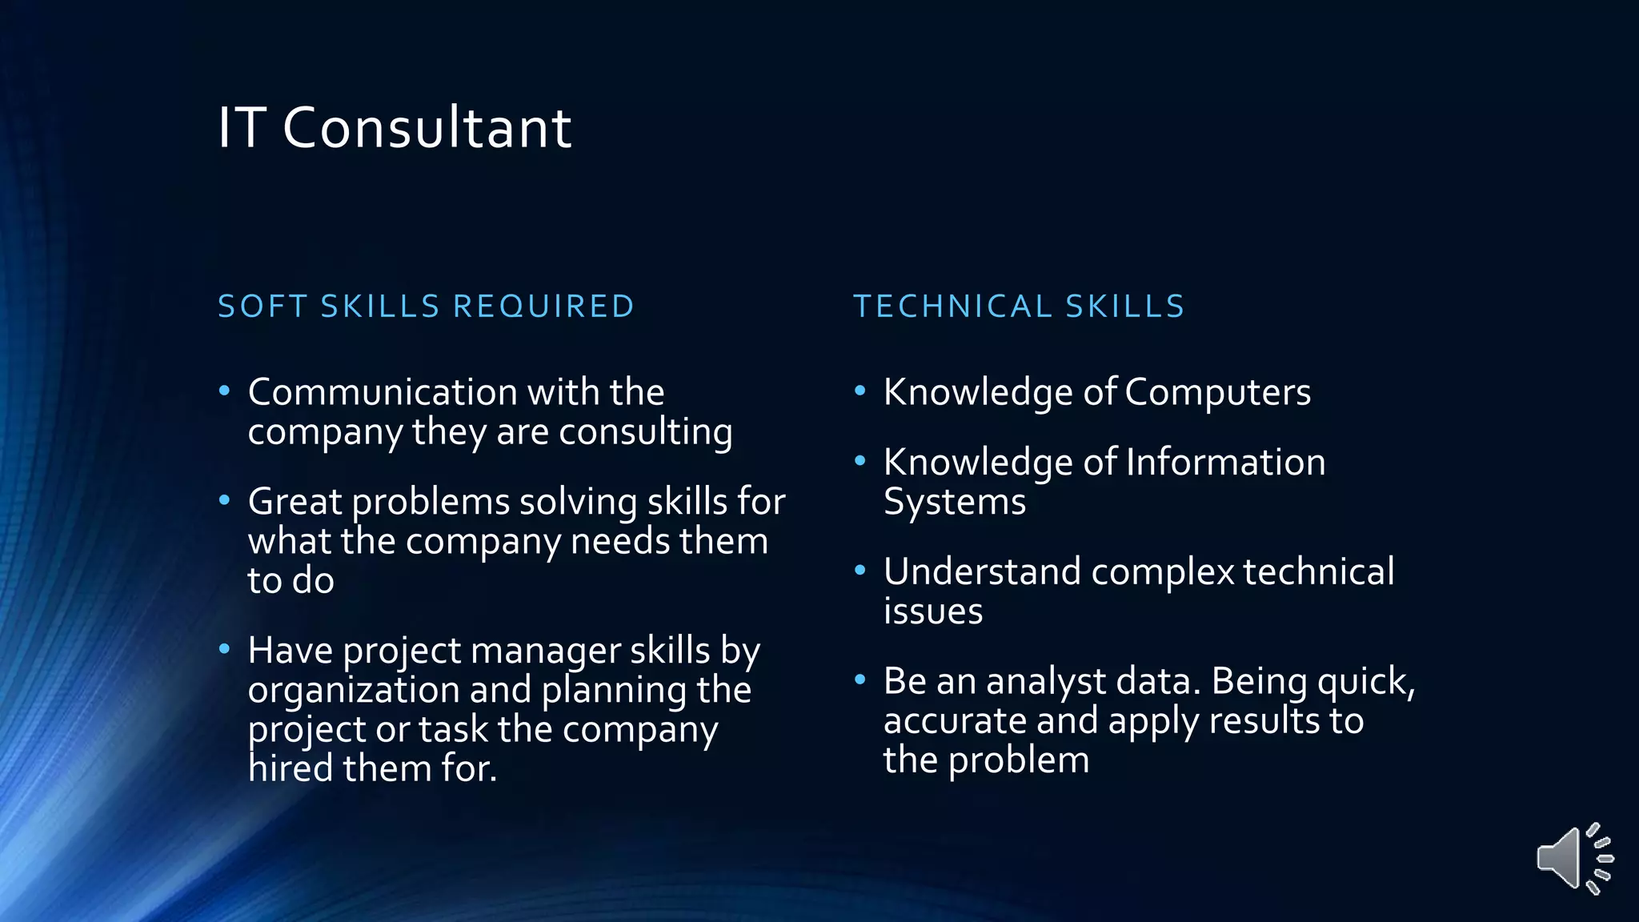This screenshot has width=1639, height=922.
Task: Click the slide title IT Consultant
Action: (395, 128)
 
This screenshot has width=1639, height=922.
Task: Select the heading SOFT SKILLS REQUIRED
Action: (426, 307)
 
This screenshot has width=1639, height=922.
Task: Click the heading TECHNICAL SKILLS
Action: (1019, 307)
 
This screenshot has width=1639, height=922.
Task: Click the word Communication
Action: (383, 392)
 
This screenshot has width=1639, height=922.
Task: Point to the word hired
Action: (290, 769)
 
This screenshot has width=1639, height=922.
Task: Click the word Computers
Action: (1216, 393)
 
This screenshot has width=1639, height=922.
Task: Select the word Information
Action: (1224, 463)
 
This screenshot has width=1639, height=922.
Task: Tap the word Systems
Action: (954, 503)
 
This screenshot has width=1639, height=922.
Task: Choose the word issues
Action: (933, 612)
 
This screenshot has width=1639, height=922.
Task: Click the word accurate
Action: (954, 722)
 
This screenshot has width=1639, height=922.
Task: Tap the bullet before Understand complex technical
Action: (860, 571)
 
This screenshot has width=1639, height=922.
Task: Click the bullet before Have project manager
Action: (225, 648)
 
